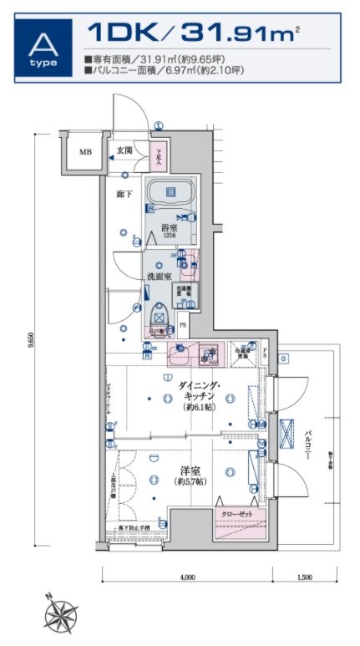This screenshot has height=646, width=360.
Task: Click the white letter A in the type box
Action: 40,42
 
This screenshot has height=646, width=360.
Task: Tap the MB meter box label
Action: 85,152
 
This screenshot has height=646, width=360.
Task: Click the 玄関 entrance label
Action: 124,151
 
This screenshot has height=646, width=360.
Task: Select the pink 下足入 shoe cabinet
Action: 161,155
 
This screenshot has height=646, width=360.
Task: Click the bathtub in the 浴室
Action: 170,196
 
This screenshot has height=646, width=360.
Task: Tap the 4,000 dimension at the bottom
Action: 187,577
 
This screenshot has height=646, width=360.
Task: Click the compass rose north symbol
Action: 59,617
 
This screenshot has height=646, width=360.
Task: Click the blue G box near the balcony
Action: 284,359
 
